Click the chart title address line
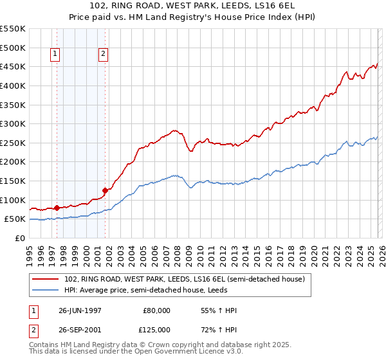coord(193,7)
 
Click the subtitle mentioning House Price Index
coord(193,19)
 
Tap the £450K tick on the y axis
coord(12,66)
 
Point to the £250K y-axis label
coord(12,143)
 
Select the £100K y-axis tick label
coord(12,200)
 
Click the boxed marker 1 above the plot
coord(56,55)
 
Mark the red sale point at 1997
coord(57,208)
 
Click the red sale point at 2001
coord(105,190)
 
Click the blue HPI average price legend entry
coord(155,289)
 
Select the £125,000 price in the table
coord(156,328)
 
